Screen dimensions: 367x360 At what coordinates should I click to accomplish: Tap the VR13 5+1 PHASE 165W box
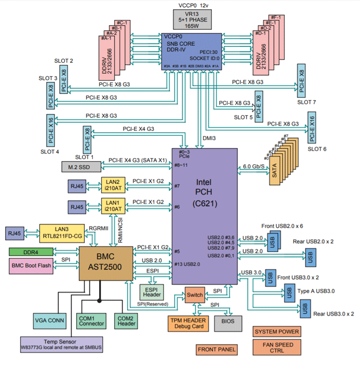(x=191, y=19)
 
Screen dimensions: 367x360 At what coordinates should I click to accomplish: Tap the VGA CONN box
(x=48, y=320)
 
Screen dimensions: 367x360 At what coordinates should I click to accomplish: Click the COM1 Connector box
(x=92, y=320)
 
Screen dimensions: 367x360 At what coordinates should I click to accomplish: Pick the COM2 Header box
(x=125, y=320)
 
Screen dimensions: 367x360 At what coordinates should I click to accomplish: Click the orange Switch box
(x=194, y=295)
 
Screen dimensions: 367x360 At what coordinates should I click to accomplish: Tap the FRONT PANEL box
(x=217, y=350)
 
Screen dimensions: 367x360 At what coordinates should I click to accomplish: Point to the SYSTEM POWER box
(x=277, y=331)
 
